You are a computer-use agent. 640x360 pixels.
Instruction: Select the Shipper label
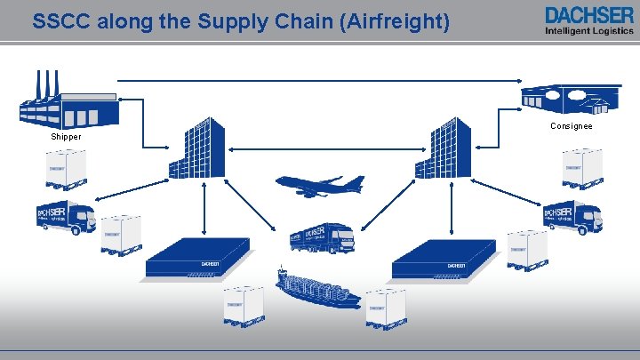tap(66, 137)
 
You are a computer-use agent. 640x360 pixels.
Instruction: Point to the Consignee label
tap(572, 126)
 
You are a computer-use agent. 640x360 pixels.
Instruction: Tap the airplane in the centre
tap(320, 186)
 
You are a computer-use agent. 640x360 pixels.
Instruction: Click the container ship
tap(317, 287)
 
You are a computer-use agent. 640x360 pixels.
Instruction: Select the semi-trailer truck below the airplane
tap(321, 237)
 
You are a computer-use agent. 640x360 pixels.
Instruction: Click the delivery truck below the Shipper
tap(66, 216)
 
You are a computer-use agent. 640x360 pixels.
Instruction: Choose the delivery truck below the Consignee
tap(572, 216)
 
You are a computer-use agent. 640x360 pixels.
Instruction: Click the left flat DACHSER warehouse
tap(197, 259)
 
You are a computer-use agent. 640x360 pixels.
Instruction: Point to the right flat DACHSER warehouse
tap(444, 259)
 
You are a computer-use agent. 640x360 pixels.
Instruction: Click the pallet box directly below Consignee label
tap(583, 168)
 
